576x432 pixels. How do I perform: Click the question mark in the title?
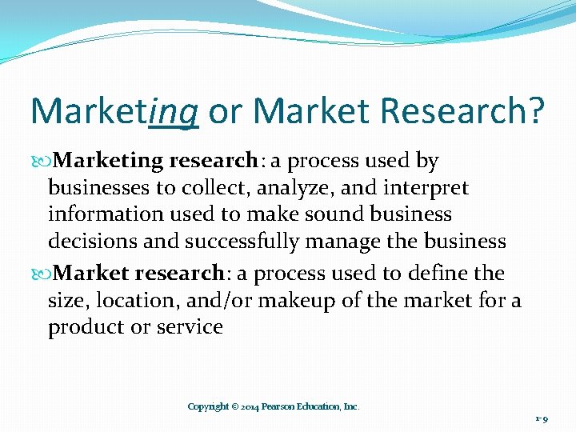(x=535, y=112)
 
